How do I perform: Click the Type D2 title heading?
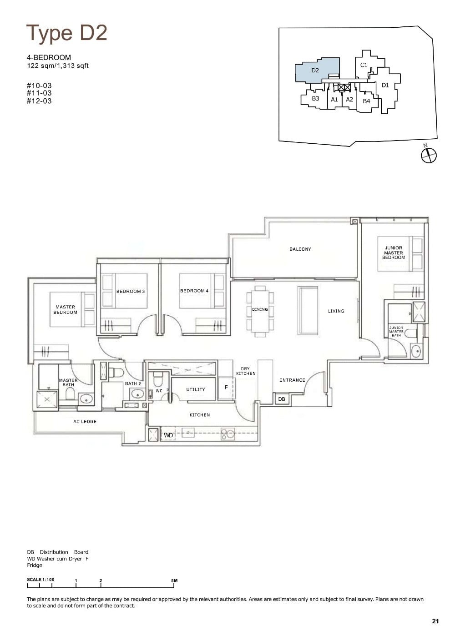pos(67,33)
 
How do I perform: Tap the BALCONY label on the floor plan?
pos(300,249)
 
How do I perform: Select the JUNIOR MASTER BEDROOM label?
pos(394,252)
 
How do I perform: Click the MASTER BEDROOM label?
pos(65,310)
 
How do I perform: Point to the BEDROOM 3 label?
pos(131,291)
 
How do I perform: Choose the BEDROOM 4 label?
pos(194,291)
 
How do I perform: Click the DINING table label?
pos(260,310)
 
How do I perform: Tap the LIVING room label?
pos(336,311)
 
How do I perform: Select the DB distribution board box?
pos(282,399)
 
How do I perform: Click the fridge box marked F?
pos(226,388)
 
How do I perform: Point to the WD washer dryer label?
pos(168,435)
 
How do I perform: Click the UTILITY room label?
pos(196,389)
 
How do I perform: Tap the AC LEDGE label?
pos(85,422)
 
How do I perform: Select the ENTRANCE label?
pos(292,380)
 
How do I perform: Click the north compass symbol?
pos(428,155)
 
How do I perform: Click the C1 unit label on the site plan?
pos(364,65)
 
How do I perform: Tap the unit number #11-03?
pos(39,93)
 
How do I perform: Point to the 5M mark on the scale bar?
pos(174,581)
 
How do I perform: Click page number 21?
pos(435,621)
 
